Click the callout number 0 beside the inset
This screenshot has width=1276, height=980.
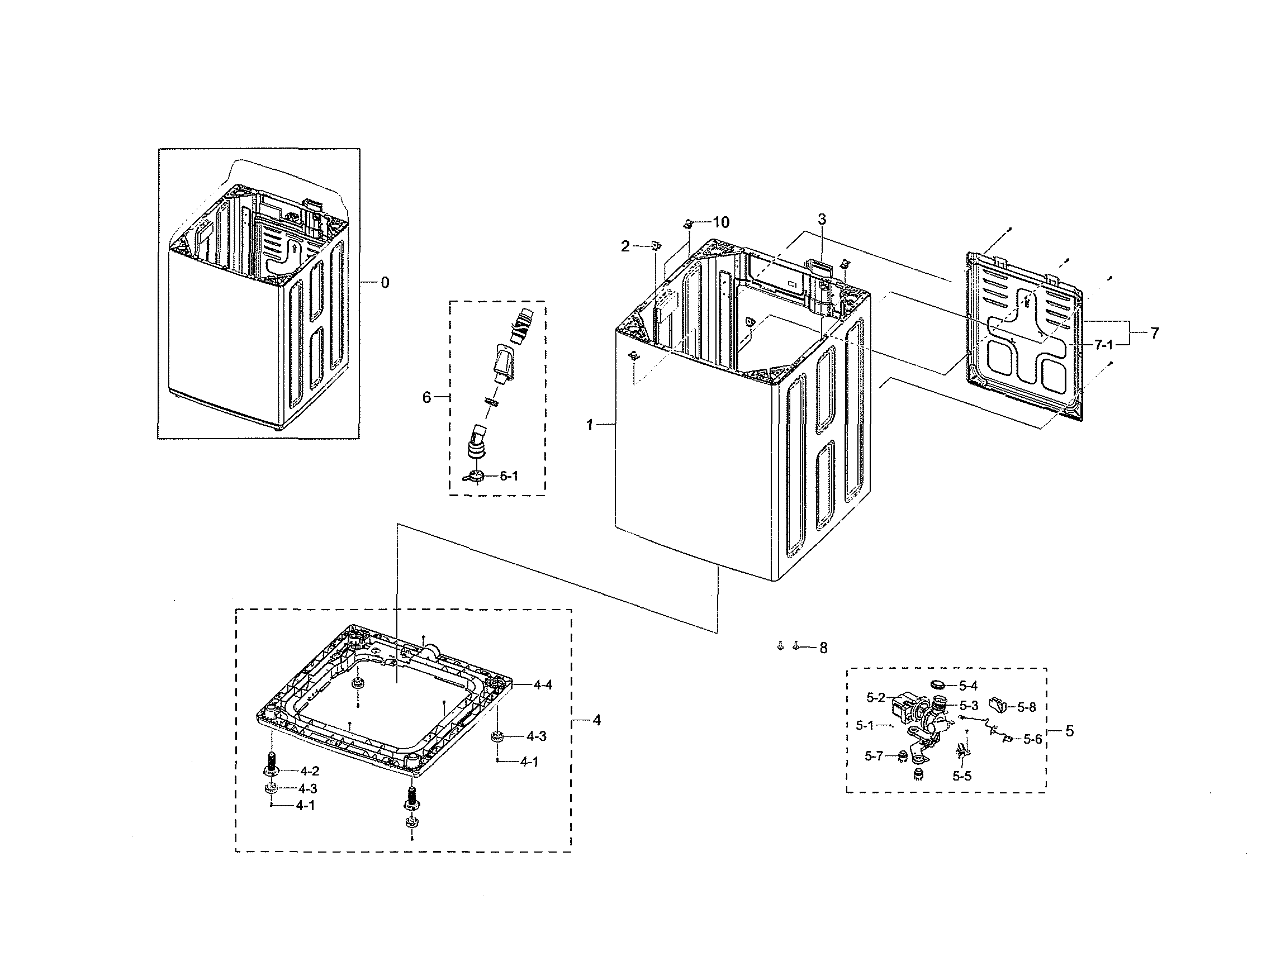tap(385, 283)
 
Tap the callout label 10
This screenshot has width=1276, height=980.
tap(720, 222)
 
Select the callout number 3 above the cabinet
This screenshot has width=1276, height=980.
tap(822, 220)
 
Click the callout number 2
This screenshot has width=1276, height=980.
tap(625, 247)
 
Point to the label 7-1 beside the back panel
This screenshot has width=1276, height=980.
tap(1103, 345)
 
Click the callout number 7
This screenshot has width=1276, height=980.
tap(1155, 333)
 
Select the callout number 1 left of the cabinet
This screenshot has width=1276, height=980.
tap(590, 426)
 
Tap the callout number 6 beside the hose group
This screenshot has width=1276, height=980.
tap(426, 398)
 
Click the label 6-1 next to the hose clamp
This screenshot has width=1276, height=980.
tap(509, 476)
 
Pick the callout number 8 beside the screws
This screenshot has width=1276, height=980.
tap(823, 648)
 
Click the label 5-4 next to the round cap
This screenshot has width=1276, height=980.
tap(968, 687)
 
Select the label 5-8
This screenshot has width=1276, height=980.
tap(1026, 707)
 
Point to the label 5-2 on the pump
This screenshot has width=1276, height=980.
tap(876, 697)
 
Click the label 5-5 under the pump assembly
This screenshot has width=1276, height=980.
tap(962, 777)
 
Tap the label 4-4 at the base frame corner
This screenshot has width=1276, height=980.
tap(543, 685)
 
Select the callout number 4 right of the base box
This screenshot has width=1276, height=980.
tap(596, 721)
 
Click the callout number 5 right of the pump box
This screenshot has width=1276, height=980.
tap(1069, 731)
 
